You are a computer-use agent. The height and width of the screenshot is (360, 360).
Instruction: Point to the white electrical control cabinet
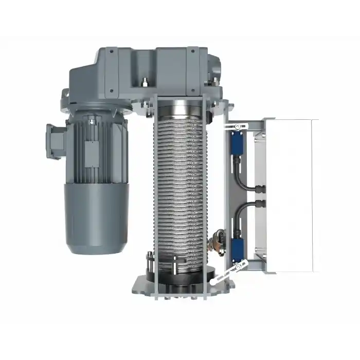291,195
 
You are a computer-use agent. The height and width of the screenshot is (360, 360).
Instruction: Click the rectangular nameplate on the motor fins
92,153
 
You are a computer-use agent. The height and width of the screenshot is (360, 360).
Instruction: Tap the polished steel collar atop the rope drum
177,110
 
